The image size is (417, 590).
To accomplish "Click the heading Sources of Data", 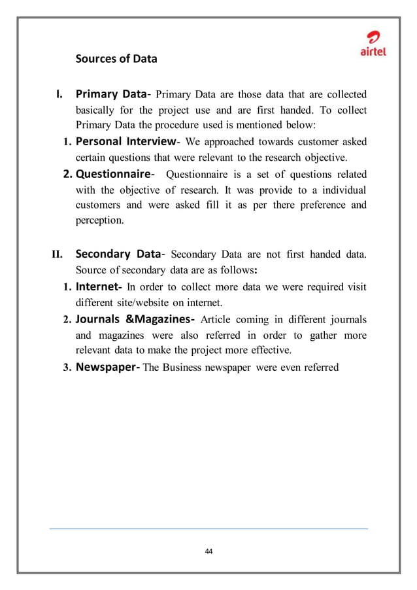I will click(x=116, y=59).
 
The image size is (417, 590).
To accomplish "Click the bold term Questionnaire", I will click(x=113, y=174).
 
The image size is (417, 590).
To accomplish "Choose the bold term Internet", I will click(x=98, y=286).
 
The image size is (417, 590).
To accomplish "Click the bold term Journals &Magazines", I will click(x=135, y=319).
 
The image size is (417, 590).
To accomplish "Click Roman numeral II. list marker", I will click(x=57, y=255).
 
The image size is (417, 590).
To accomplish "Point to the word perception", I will click(x=99, y=221).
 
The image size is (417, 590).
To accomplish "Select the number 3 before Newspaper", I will click(x=66, y=368).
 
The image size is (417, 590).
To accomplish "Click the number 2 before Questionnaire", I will click(x=66, y=175).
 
